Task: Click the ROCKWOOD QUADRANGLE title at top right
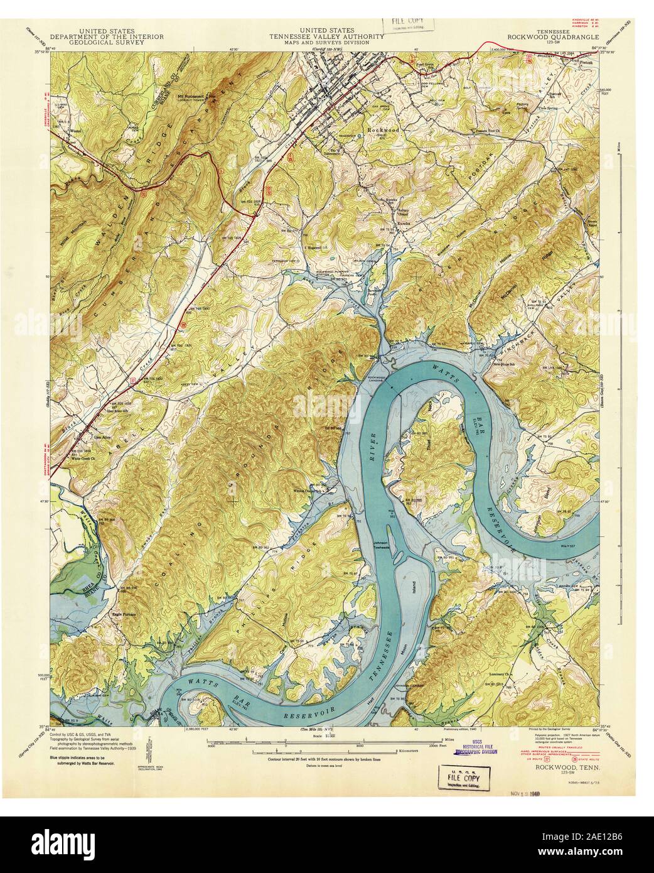pyautogui.click(x=547, y=36)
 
